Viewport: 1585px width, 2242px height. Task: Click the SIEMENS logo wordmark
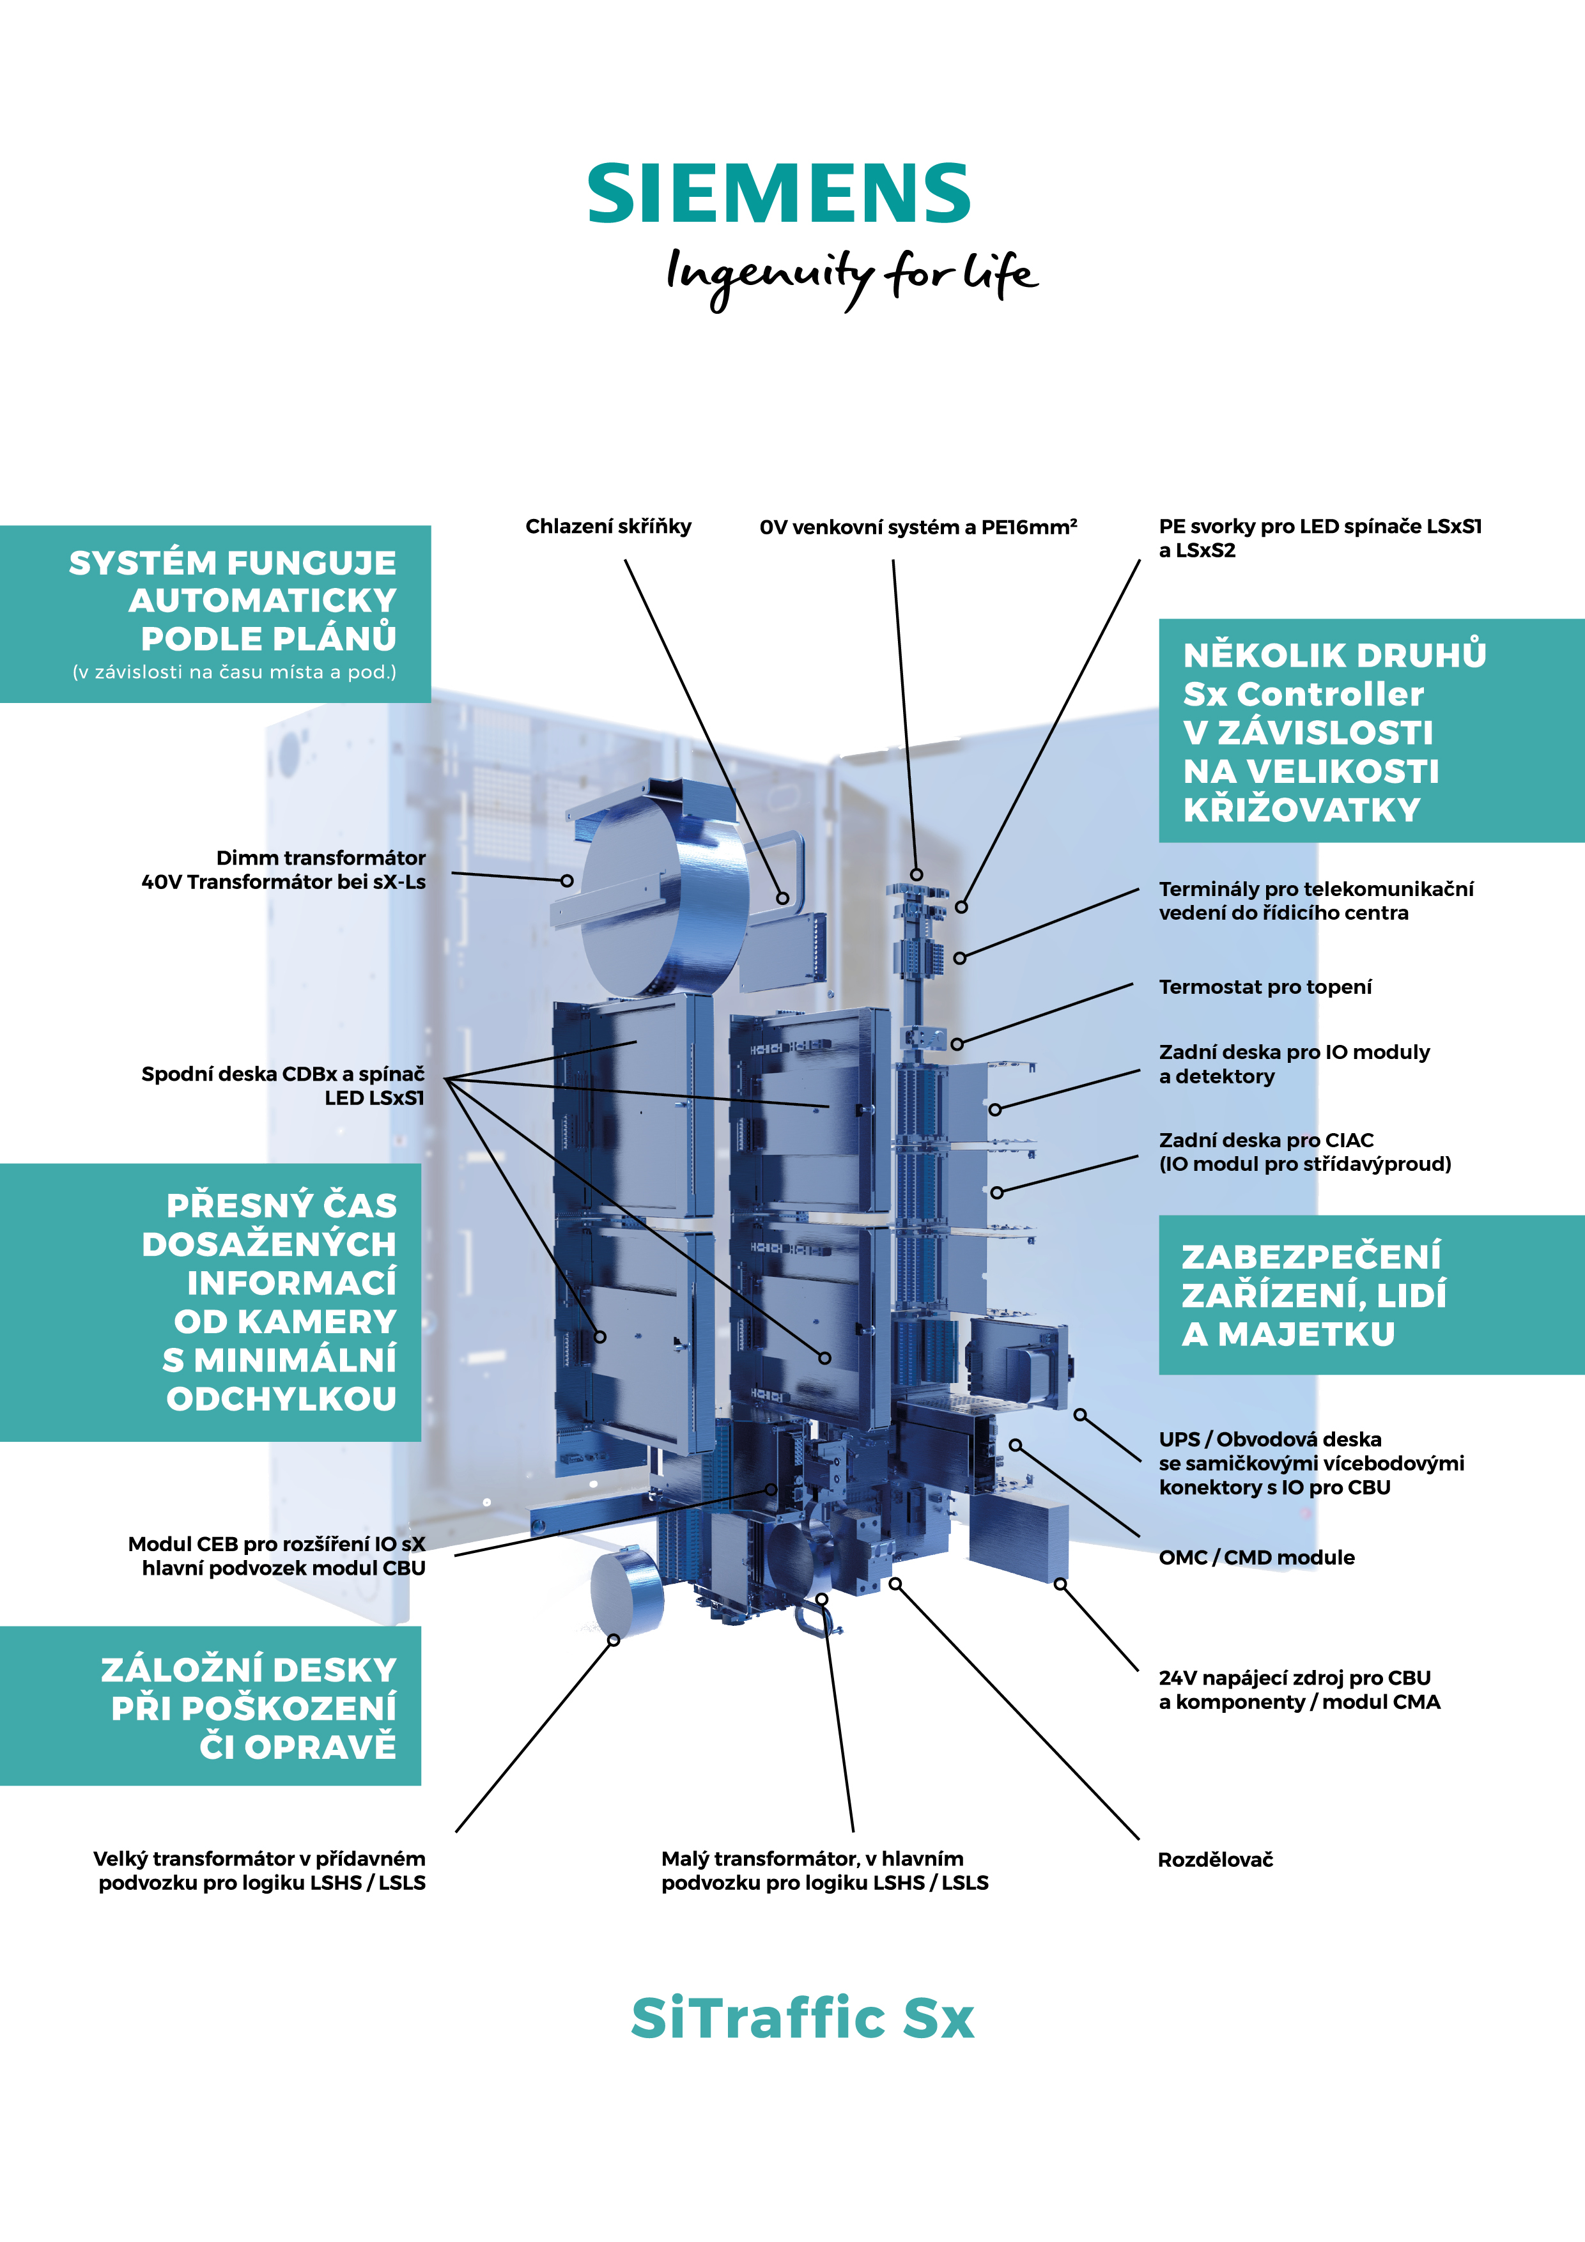(778, 194)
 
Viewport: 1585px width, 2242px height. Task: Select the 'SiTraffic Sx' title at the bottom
(802, 2018)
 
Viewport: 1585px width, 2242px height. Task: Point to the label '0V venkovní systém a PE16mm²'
(918, 527)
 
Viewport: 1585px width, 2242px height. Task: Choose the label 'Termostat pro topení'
(1265, 987)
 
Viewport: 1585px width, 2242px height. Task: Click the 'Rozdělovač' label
(1215, 1860)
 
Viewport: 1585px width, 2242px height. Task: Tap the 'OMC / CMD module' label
(1256, 1558)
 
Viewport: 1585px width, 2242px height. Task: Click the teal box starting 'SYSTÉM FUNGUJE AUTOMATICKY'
(215, 614)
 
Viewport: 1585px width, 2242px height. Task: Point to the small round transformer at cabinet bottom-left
(625, 1591)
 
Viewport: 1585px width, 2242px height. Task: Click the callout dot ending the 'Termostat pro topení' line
(957, 1044)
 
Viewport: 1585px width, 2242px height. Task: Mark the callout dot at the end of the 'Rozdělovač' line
(895, 1584)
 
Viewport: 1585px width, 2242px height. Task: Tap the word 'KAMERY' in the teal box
(285, 1321)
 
